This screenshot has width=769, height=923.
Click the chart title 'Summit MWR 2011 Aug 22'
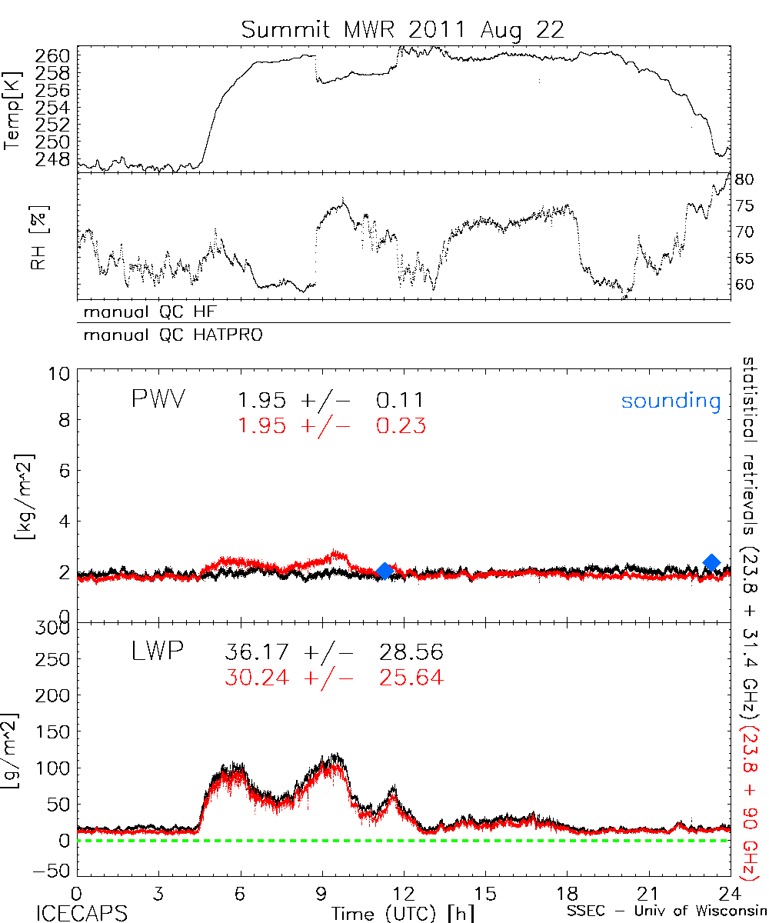[403, 30]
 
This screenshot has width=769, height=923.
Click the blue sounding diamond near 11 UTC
[385, 570]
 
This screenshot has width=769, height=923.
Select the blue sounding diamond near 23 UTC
[712, 562]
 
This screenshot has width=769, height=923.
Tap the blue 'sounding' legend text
[671, 401]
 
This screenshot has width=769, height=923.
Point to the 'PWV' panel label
[160, 400]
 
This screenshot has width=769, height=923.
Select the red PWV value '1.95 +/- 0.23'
[331, 425]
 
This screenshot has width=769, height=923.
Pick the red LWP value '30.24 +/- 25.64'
[334, 678]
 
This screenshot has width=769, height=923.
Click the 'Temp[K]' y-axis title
[13, 110]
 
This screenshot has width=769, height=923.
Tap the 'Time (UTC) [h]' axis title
[392, 912]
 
